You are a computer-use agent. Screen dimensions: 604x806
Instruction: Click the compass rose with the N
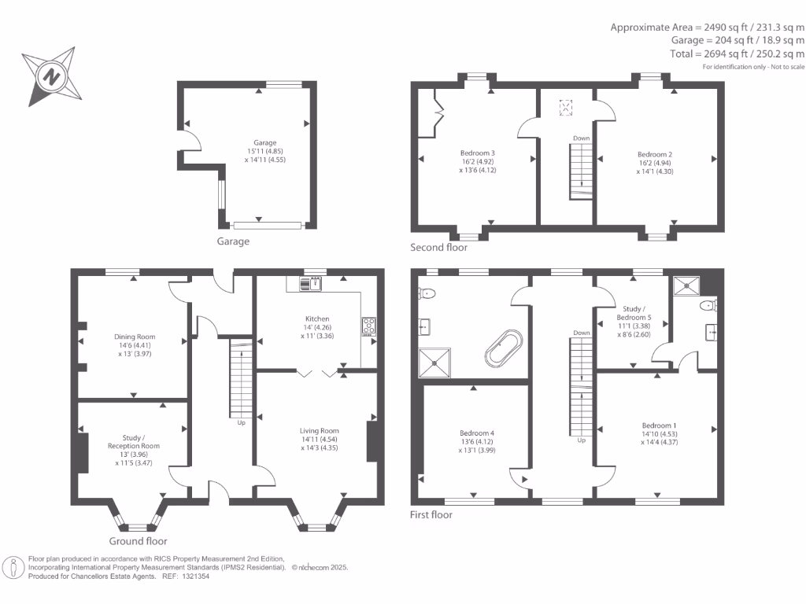pyautogui.click(x=50, y=77)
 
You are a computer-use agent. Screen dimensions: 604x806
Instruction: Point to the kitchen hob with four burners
pyautogui.click(x=368, y=326)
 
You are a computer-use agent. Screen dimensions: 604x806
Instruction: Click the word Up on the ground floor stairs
pyautogui.click(x=242, y=422)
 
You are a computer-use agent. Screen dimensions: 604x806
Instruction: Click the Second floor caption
pyautogui.click(x=438, y=247)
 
